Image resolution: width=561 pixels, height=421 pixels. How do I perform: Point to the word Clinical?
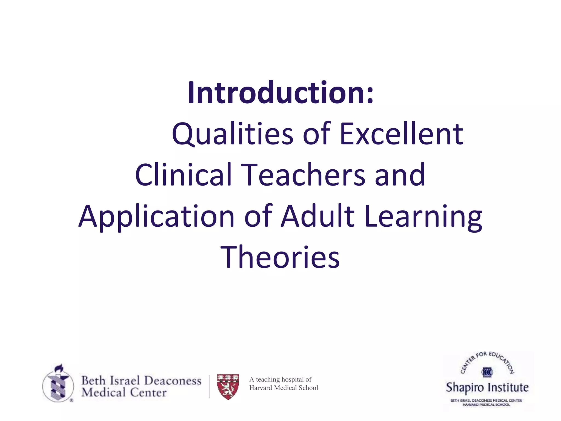click(183, 175)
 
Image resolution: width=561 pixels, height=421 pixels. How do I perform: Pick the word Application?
click(156, 217)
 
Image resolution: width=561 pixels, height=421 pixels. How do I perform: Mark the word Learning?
click(423, 217)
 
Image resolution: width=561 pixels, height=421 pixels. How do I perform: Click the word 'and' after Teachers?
click(400, 175)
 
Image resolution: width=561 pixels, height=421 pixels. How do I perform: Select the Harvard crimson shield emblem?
click(228, 386)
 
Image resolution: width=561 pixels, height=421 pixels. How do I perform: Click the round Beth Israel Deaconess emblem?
click(58, 384)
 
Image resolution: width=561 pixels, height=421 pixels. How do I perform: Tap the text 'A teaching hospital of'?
click(280, 379)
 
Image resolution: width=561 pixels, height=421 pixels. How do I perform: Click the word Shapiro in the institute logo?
click(465, 388)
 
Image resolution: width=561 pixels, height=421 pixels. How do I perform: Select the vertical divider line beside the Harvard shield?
click(209, 386)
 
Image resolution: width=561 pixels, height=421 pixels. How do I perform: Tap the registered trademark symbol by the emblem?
click(71, 400)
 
